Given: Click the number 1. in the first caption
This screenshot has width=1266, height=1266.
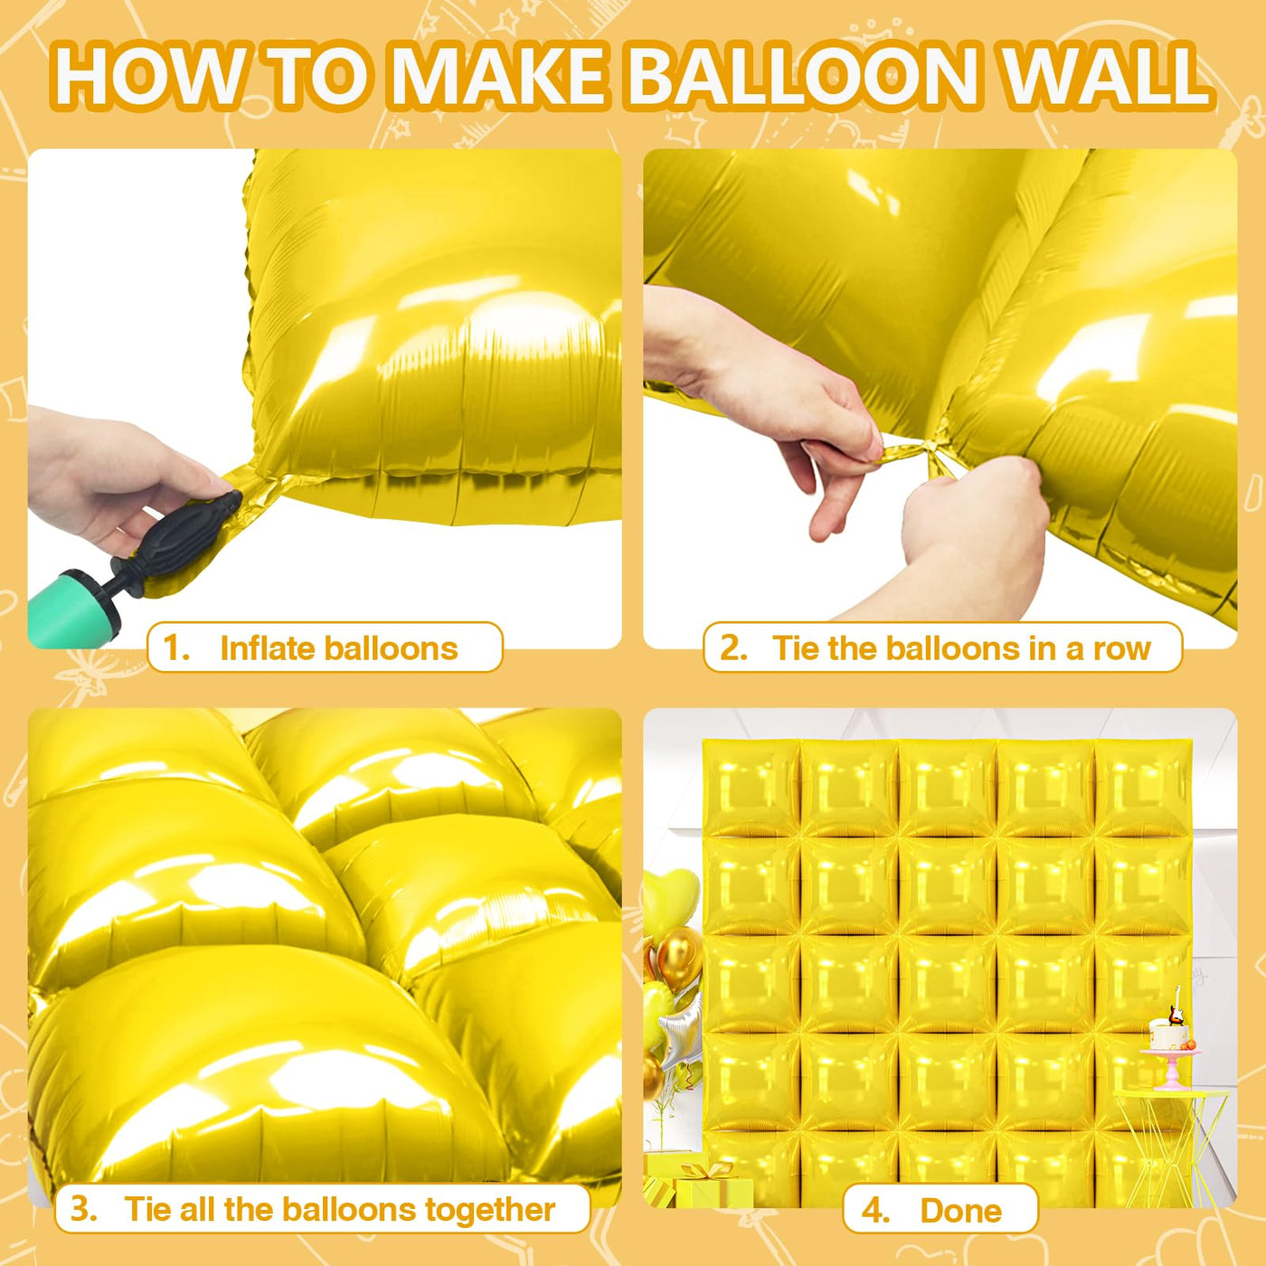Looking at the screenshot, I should coord(175,648).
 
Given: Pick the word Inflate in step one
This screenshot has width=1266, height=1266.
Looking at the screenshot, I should coord(268,648).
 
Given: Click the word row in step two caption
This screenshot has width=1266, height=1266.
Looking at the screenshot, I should coord(1121,648).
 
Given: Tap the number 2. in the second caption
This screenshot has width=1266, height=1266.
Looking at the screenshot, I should coord(732,648).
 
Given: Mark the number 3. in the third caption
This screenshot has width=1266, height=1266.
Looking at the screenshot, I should coord(83,1209).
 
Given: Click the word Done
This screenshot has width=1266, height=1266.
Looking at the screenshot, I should coord(960,1210).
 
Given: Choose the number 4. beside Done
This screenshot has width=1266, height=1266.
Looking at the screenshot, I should coord(874,1210).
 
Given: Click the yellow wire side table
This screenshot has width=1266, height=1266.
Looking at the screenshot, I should coord(1171,1139).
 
